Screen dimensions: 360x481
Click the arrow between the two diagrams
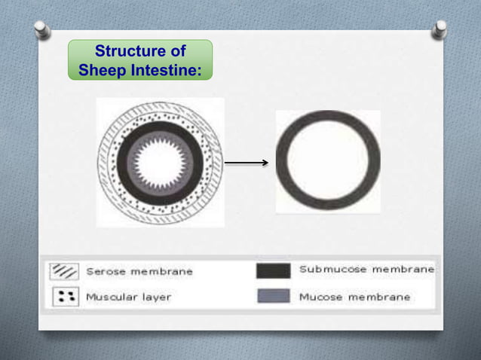tap(247, 162)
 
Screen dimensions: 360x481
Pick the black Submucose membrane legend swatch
tap(272, 270)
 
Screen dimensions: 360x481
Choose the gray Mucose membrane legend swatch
tap(272, 296)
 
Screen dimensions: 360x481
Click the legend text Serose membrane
tap(139, 271)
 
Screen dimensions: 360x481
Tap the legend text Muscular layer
tap(128, 297)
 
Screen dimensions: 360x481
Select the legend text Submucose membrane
tap(366, 269)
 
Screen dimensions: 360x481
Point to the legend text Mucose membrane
tap(354, 297)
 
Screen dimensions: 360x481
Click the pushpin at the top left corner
tap(42, 29)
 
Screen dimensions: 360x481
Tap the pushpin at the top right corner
tap(440, 29)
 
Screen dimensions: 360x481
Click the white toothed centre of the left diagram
tap(160, 161)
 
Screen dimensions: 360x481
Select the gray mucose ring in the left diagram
tap(136, 161)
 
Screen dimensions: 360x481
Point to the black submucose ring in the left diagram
tap(125, 161)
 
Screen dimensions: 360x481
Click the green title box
tap(139, 61)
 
